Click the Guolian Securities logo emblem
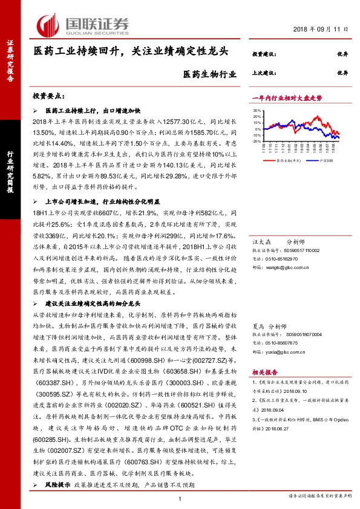tap(49, 24)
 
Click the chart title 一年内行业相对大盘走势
tap(287, 97)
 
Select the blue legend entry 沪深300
tap(324, 161)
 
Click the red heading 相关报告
tap(265, 374)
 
